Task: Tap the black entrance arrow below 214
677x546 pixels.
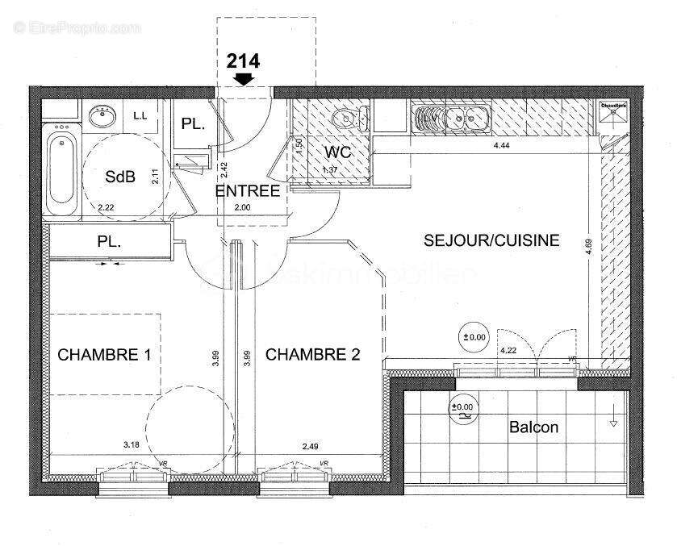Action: point(242,78)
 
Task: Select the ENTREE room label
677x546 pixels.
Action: point(247,191)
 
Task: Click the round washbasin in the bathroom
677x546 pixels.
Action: point(102,119)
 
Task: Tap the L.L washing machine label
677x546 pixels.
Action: point(140,116)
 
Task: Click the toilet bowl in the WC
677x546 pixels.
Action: point(345,121)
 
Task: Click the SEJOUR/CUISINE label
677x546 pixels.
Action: point(491,240)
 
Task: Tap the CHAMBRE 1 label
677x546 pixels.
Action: point(104,354)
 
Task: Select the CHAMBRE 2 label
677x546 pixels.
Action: point(312,354)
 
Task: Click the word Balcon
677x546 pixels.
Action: point(533,427)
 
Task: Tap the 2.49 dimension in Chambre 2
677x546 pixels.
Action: point(311,444)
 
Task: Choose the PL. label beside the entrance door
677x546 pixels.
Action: point(192,124)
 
